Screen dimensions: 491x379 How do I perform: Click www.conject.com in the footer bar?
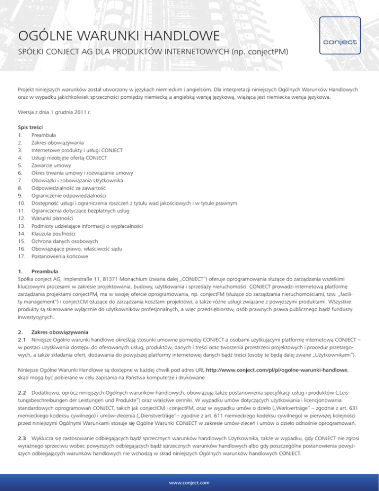click(189, 482)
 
